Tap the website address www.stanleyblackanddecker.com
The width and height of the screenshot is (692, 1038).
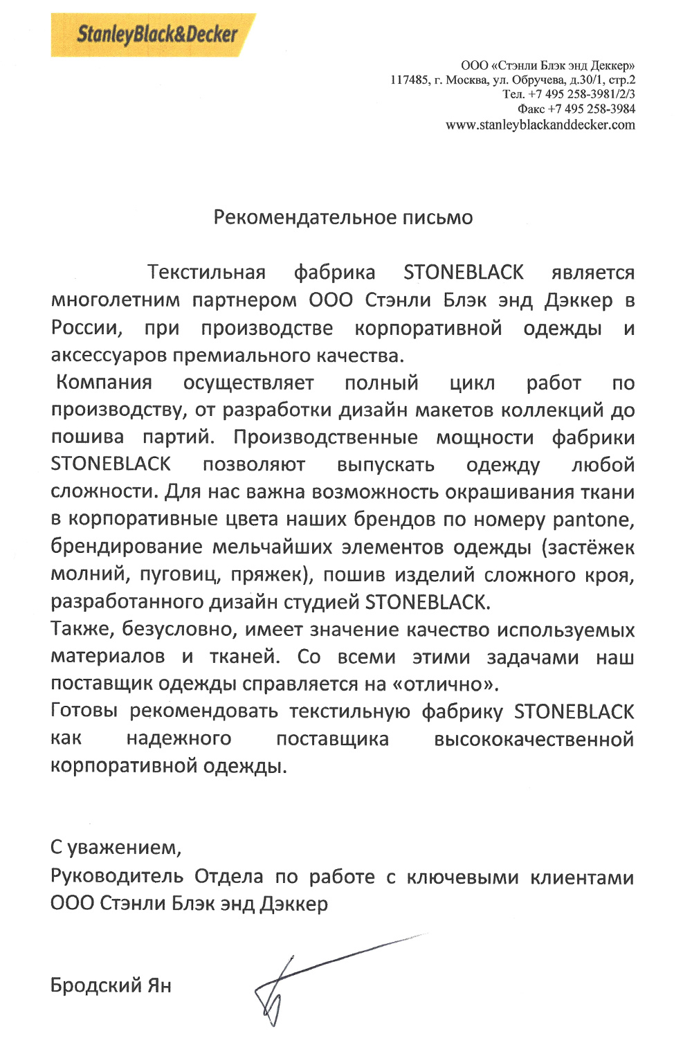tap(540, 125)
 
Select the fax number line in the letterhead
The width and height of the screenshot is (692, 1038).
tap(576, 109)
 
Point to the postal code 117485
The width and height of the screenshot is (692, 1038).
tap(409, 80)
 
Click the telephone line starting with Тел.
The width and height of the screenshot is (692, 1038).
tap(568, 94)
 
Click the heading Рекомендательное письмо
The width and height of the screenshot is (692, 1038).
tap(343, 217)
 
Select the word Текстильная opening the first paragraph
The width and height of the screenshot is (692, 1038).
tap(206, 272)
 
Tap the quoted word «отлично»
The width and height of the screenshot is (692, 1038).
tap(445, 684)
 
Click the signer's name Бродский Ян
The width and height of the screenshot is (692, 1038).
tap(111, 985)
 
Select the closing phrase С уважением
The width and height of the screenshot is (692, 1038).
tap(116, 846)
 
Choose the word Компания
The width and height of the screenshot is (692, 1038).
tap(104, 382)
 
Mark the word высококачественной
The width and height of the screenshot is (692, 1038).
tap(534, 739)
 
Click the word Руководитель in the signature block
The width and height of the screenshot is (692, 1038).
tap(116, 876)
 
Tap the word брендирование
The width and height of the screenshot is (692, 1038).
tap(127, 547)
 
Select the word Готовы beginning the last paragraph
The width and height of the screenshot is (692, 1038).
tap(84, 711)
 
